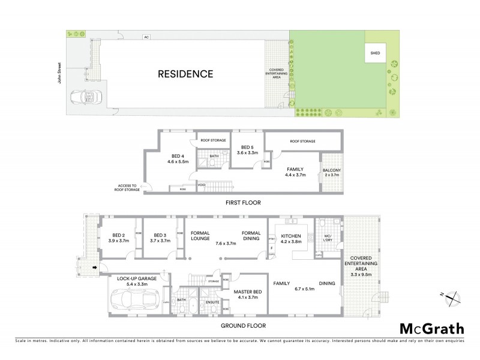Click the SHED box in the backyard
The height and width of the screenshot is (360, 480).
374,52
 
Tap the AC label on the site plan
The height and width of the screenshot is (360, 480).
145,37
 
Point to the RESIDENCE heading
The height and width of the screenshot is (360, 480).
185,74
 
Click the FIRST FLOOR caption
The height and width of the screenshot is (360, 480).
243,203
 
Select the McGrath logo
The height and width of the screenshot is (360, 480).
431,328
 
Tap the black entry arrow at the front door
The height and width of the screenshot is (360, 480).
94,268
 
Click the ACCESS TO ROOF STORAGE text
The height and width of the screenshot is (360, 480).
127,188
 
